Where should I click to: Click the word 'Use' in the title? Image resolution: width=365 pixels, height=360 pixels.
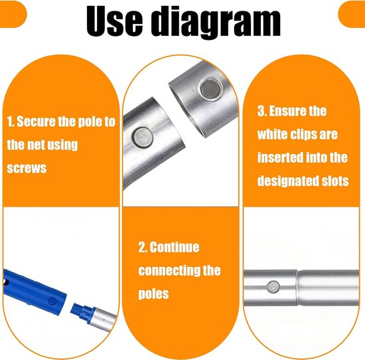114,22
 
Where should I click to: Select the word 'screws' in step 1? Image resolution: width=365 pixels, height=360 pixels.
27,168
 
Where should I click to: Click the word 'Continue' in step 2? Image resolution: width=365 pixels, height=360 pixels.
175,247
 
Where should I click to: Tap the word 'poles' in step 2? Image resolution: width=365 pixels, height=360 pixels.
153,294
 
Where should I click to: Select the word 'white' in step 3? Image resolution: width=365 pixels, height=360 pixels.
271,134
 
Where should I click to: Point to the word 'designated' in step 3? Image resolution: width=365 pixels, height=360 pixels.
288,181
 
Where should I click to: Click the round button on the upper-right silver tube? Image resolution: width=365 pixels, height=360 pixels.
211,88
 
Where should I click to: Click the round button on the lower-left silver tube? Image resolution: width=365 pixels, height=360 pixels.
142,137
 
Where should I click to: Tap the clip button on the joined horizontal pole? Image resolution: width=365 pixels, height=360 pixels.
273,286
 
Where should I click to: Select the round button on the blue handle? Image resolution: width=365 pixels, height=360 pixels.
52,301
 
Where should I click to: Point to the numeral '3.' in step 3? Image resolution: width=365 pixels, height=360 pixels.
262,111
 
